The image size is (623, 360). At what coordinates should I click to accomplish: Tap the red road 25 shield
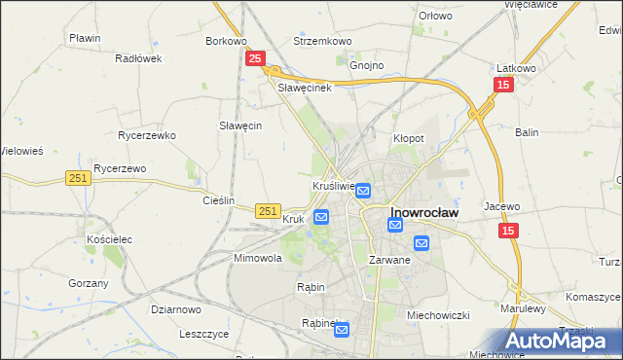254,59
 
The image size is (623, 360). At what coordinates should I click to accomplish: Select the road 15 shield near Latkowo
502,86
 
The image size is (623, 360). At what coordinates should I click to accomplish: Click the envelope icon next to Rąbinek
342,330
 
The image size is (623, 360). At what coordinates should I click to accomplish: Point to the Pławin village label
86,38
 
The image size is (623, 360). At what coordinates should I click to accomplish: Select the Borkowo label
226,42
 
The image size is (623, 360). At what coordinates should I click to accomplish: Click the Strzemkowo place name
322,42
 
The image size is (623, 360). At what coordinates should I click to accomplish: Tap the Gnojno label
367,65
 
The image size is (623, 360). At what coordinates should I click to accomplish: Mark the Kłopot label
408,138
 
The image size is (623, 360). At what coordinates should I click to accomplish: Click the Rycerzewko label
145,135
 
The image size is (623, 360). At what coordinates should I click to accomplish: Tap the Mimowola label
257,259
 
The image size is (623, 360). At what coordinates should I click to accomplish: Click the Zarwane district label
389,261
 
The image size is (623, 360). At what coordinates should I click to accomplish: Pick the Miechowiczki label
439,314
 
